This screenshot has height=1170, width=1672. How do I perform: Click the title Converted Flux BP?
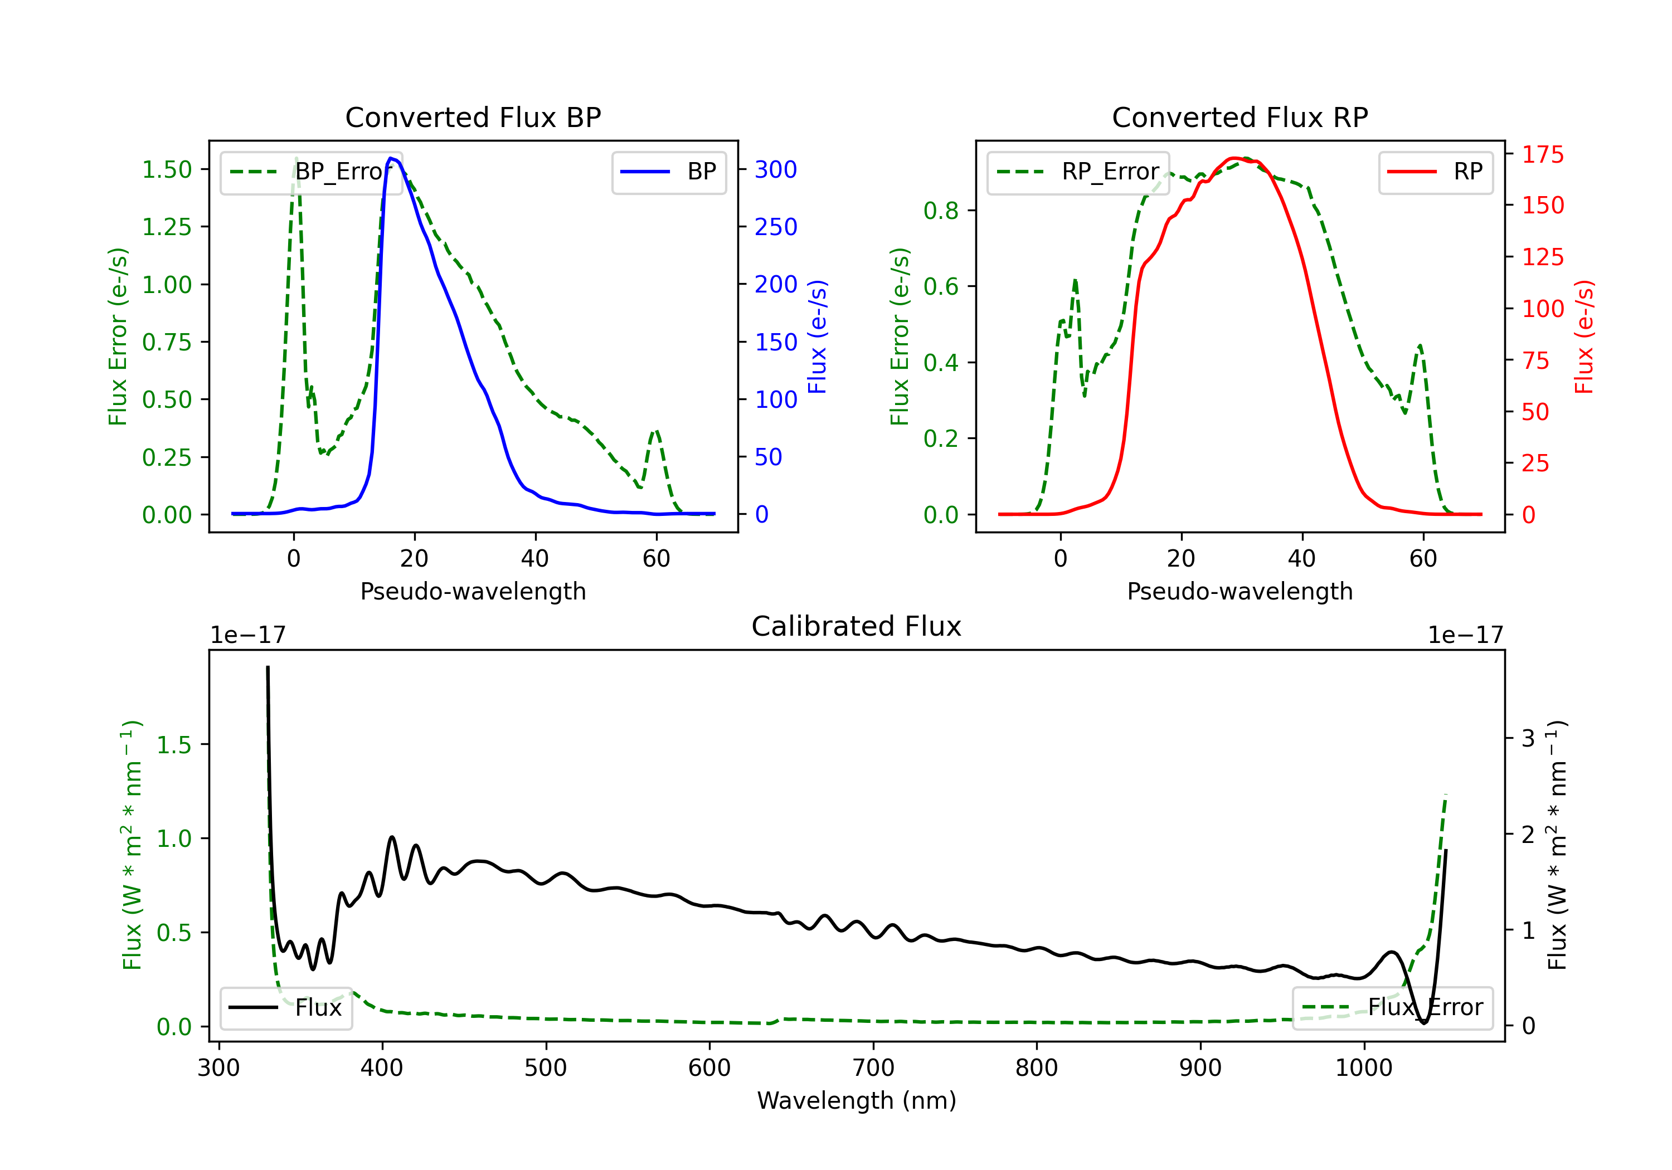point(473,117)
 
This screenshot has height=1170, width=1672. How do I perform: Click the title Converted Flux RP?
point(1240,117)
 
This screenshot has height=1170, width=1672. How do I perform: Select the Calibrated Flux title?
point(857,626)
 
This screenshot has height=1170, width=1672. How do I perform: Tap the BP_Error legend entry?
point(310,172)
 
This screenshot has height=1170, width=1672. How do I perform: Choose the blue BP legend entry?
point(668,172)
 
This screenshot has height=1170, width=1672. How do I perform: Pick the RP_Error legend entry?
point(1078,172)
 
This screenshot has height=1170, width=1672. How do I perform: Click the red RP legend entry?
point(1435,172)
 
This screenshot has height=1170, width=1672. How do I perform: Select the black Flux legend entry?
point(285,1008)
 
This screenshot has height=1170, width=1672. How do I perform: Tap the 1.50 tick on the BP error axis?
point(167,169)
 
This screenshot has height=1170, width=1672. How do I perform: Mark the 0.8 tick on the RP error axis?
point(941,211)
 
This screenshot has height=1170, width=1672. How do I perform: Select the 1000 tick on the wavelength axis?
point(1363,1068)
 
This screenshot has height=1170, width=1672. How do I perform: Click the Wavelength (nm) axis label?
point(857,1101)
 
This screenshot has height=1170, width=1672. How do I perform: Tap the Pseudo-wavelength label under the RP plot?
point(1240,591)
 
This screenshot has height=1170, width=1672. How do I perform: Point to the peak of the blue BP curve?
point(391,158)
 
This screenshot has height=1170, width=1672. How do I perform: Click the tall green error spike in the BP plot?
point(295,159)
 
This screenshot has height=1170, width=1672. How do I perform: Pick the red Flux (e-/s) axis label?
point(1584,337)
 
